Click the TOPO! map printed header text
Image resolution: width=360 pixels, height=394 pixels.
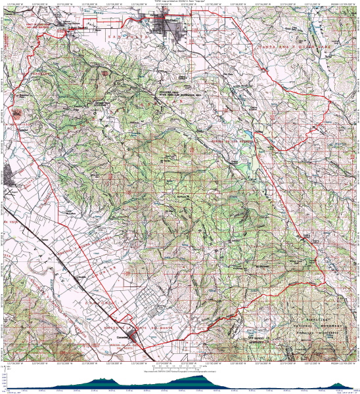[179, 2]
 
